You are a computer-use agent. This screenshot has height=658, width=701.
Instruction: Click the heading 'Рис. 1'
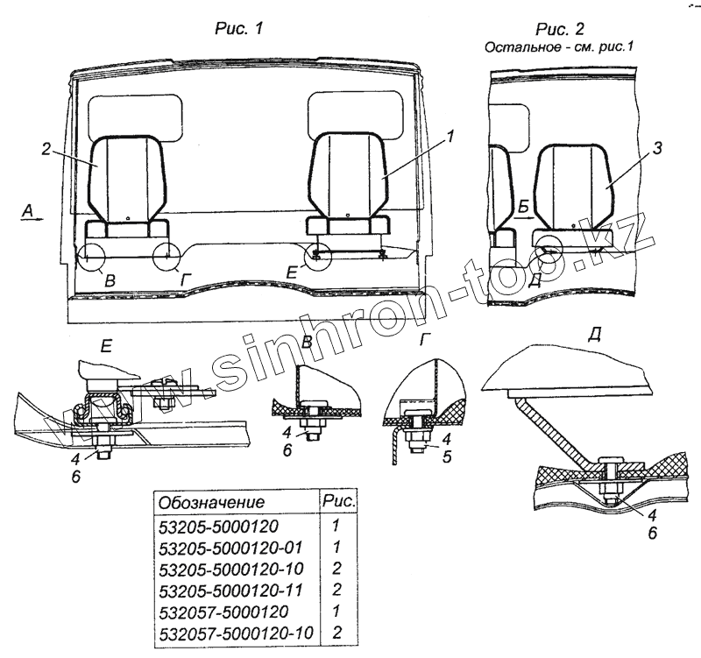pos(239,28)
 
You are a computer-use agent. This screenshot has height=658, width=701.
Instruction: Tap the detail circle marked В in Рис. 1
pos(90,257)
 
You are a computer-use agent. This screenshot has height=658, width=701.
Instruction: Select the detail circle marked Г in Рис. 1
pos(164,257)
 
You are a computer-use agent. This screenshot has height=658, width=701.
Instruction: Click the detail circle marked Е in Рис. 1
pos(316,256)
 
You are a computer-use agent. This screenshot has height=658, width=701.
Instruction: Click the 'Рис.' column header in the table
pos(338,502)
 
